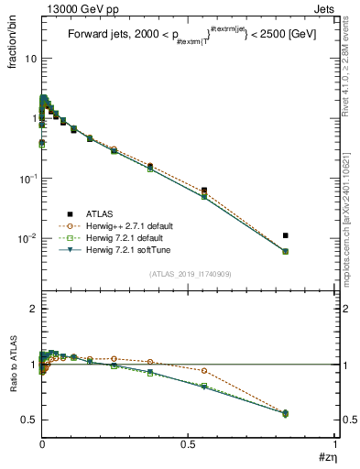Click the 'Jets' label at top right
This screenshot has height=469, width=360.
pos(324,8)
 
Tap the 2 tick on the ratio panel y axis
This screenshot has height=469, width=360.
pos(33,310)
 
